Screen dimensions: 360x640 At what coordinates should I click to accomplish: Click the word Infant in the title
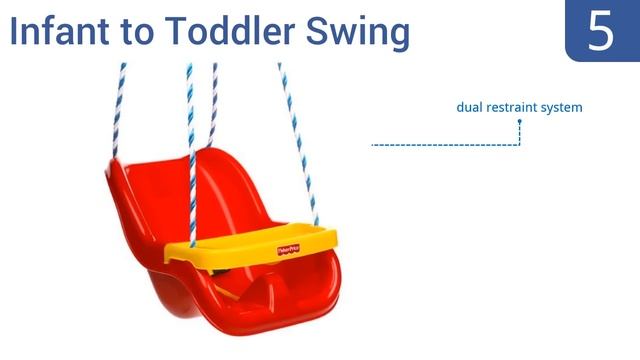(61, 32)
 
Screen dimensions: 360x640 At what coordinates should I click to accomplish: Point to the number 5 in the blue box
(600, 30)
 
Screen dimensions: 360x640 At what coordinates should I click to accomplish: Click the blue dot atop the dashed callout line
(520, 121)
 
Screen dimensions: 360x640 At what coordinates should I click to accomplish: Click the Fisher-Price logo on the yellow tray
(290, 247)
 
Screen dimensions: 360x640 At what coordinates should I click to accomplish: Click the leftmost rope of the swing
(118, 110)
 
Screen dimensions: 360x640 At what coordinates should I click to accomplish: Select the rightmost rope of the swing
(299, 140)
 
